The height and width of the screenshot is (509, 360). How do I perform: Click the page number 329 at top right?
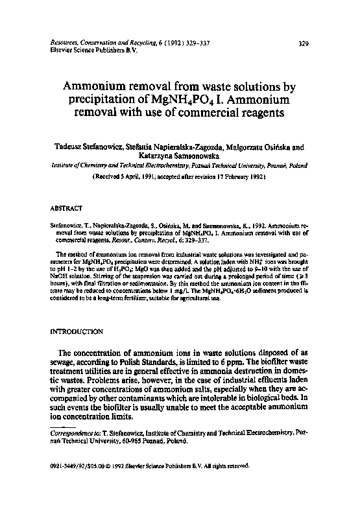click(302, 44)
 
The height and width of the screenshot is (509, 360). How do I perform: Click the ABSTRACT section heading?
click(66, 209)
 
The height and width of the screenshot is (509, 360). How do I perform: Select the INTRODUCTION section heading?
click(77, 331)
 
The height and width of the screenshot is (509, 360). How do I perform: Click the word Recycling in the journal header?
click(145, 42)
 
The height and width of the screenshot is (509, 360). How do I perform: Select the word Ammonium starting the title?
click(97, 86)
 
